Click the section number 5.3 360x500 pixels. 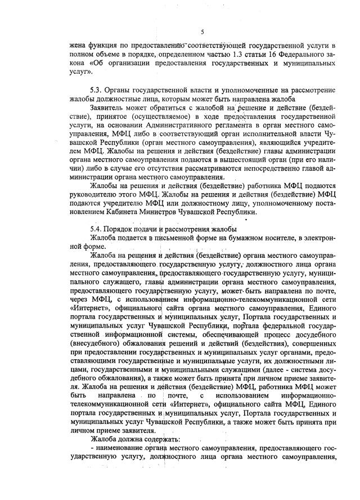point(97,90)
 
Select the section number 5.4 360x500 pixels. point(97,229)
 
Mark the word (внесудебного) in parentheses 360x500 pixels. point(93,343)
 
